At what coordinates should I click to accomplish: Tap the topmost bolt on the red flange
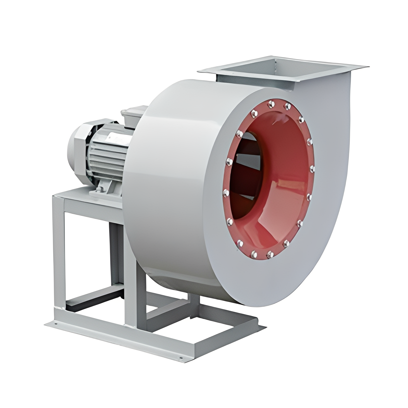271,104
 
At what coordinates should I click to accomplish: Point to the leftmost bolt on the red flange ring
225,193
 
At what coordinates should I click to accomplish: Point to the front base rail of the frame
115,339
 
